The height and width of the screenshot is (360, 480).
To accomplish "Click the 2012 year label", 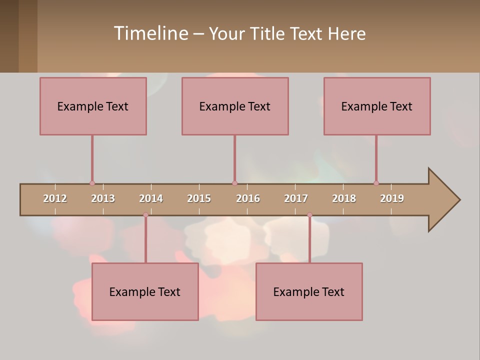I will (55, 198).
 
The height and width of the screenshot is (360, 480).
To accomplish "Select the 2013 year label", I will (103, 198).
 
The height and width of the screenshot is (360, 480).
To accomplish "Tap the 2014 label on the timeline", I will (151, 198).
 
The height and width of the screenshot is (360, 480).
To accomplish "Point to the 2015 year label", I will (199, 198).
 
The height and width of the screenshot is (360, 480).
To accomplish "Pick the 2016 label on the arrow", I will (248, 198).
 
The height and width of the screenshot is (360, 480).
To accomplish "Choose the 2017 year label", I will (296, 198).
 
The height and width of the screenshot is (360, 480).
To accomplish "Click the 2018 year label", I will (344, 198).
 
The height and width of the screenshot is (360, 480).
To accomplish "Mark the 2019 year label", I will (392, 198).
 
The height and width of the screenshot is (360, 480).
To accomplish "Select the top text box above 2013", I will (93, 106).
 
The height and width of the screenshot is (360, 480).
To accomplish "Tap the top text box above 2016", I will (235, 106).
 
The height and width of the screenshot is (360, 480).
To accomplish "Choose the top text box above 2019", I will (377, 106).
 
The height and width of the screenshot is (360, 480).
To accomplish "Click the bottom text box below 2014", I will (145, 291).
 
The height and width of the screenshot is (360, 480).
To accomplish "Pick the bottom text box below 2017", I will (309, 291).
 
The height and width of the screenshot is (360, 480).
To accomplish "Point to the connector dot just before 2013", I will (92, 183).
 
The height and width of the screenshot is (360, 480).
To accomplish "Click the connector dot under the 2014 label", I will (145, 214).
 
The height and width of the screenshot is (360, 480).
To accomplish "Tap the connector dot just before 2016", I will (234, 183).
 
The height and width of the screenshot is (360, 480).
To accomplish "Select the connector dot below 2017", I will (309, 214).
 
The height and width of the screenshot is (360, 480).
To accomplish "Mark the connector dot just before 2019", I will (376, 183).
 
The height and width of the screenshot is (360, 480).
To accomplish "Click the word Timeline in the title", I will (150, 33).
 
